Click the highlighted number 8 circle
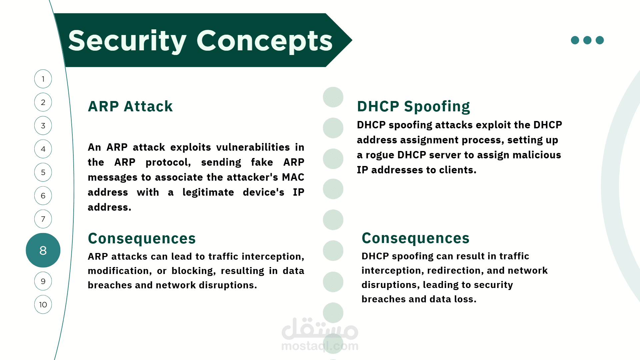click(x=43, y=250)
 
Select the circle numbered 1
click(x=43, y=79)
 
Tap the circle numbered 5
click(x=43, y=172)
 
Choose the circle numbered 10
click(x=43, y=304)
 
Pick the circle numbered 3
click(x=43, y=126)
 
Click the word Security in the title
click(x=127, y=41)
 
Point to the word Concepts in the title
click(x=265, y=41)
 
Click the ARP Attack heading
click(x=130, y=106)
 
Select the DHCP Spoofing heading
click(x=413, y=107)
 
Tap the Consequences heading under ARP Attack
click(x=142, y=238)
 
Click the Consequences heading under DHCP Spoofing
click(x=415, y=238)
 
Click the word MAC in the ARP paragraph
click(x=293, y=177)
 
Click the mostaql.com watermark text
click(x=320, y=346)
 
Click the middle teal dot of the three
click(x=587, y=40)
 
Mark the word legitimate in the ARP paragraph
click(x=208, y=192)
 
